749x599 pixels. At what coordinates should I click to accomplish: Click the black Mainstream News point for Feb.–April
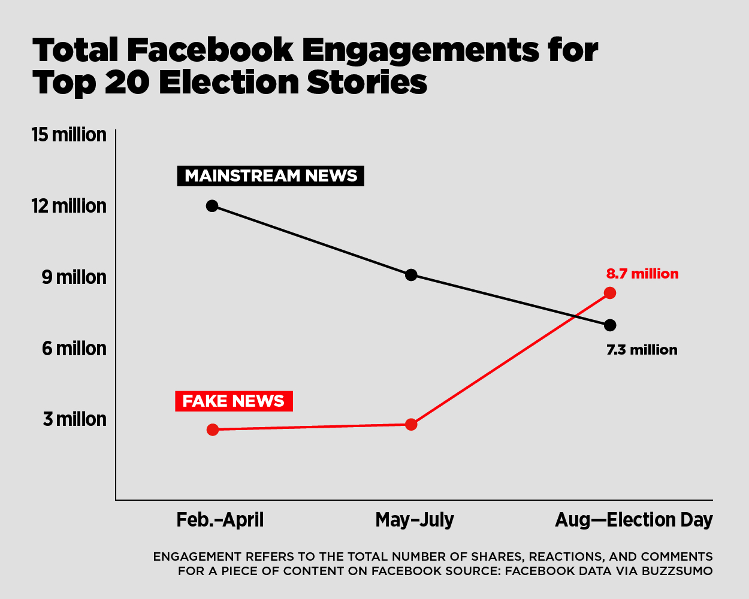click(212, 205)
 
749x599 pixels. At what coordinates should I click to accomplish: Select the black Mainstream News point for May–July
click(411, 275)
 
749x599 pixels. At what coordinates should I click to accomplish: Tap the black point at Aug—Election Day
click(610, 325)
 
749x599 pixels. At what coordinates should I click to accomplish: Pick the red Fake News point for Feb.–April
click(212, 429)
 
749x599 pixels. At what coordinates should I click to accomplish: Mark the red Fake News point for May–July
click(411, 425)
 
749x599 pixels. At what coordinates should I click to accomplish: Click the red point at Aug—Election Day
click(610, 293)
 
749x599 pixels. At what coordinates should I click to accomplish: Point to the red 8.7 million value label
click(642, 274)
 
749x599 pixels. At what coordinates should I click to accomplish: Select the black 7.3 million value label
click(642, 350)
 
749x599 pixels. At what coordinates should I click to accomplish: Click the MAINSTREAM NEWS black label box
click(270, 176)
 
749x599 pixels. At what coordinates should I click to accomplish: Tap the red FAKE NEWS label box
click(234, 401)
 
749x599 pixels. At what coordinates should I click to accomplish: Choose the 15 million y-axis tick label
click(69, 135)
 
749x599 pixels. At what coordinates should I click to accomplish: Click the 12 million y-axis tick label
click(69, 206)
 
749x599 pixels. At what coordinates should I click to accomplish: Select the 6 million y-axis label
click(74, 348)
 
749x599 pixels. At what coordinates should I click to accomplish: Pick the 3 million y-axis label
click(74, 419)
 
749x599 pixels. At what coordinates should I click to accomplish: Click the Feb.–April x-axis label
click(220, 519)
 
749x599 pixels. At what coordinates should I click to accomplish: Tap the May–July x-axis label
click(415, 519)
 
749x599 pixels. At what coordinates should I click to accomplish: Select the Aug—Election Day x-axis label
click(634, 519)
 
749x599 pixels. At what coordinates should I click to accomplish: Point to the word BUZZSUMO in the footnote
click(677, 571)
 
